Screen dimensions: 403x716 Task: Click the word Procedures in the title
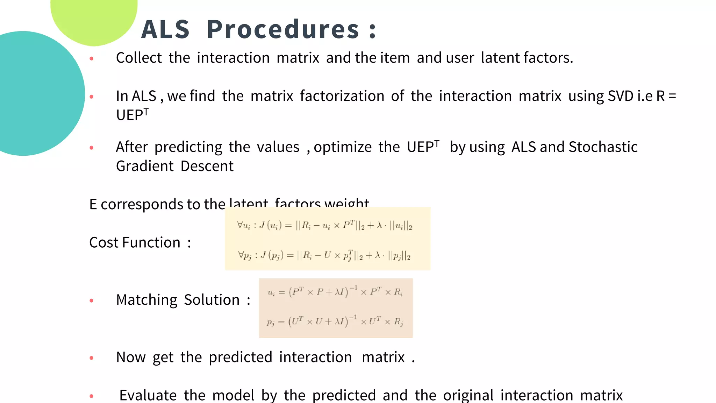tap(282, 29)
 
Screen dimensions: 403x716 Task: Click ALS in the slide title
tap(165, 29)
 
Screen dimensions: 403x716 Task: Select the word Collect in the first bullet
tap(139, 58)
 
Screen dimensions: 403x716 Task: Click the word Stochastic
tap(603, 147)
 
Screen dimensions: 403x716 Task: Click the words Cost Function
tap(135, 242)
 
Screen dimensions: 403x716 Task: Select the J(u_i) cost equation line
tap(324, 226)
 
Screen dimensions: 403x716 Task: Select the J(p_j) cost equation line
tap(324, 255)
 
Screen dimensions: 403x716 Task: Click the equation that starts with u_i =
tap(335, 292)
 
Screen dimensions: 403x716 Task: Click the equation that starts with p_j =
tap(335, 321)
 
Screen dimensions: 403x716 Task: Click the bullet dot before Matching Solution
tap(92, 301)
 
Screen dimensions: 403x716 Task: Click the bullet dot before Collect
tap(92, 58)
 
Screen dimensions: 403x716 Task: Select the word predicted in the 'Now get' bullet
tap(240, 358)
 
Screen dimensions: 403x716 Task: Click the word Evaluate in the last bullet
tap(148, 395)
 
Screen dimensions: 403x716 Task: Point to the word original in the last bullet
tap(468, 395)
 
